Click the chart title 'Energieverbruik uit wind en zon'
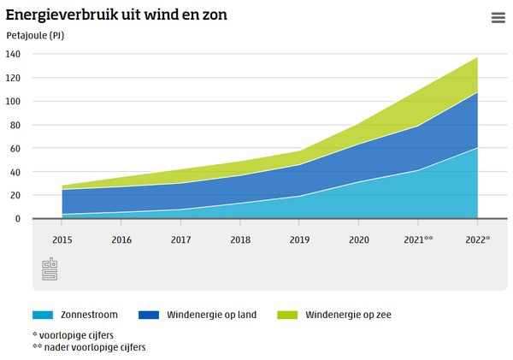tap(116, 15)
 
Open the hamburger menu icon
tap(498, 18)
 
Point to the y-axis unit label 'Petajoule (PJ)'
tap(35, 36)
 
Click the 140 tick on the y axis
tap(13, 54)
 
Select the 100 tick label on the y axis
tap(13, 101)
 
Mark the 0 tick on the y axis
tap(18, 219)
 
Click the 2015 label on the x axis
tap(62, 240)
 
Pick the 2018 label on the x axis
tap(239, 240)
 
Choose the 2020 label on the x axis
tap(358, 240)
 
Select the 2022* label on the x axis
tap(477, 240)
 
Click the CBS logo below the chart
tap(50, 268)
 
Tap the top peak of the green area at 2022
tap(477, 58)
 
